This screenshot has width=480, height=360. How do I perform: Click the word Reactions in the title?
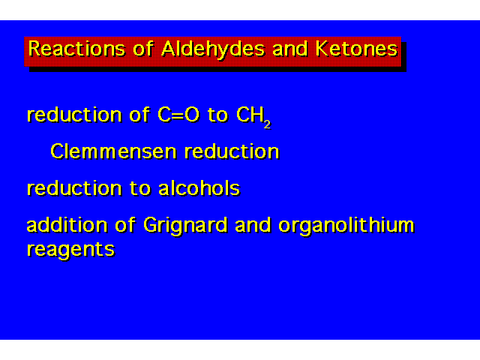click(76, 49)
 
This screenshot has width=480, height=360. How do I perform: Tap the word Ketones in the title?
click(356, 49)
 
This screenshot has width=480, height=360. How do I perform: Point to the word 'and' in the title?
click(289, 49)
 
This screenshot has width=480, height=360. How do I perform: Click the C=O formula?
click(178, 115)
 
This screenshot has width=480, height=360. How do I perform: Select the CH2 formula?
click(253, 117)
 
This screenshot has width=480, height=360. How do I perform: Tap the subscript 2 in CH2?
click(268, 124)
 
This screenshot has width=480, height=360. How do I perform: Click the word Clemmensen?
click(113, 151)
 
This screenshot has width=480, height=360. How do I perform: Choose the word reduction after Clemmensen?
click(232, 151)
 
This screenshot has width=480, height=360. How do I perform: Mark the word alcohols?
click(199, 187)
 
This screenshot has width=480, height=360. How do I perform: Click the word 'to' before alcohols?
click(140, 188)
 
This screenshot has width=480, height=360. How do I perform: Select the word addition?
click(67, 224)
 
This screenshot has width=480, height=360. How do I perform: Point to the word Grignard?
click(185, 226)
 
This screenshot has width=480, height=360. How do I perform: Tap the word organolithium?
click(346, 226)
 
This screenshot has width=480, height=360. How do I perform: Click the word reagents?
click(70, 250)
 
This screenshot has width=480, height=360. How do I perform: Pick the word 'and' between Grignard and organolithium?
click(253, 224)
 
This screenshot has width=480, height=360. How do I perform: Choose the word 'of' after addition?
click(125, 224)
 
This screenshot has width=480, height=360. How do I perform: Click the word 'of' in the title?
click(143, 49)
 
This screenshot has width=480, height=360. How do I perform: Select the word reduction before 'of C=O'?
click(74, 115)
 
